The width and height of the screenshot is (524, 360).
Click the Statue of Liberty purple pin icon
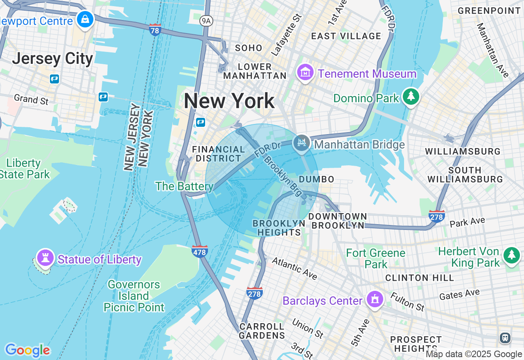[45, 258]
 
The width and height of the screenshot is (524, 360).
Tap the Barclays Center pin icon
[375, 300]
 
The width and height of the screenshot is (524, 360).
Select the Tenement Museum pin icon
[305, 73]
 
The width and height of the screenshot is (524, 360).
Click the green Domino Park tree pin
[411, 97]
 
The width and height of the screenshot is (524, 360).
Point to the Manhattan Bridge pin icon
[302, 143]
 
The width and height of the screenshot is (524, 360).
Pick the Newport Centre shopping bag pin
[85, 19]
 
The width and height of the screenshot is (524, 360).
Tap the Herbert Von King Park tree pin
[511, 255]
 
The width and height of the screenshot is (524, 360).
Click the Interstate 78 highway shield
[155, 30]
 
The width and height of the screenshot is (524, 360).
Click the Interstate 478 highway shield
[199, 251]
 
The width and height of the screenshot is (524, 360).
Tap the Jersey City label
[52, 59]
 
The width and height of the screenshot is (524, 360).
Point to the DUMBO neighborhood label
[316, 179]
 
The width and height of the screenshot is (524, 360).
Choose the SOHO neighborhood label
[248, 48]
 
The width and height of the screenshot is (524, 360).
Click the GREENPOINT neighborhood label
[489, 11]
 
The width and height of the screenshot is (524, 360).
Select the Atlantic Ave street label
[294, 269]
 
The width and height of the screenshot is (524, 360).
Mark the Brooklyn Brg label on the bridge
[282, 173]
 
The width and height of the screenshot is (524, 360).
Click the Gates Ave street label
[459, 294]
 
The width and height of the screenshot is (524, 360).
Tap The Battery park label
[184, 187]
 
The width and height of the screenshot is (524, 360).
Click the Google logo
[27, 350]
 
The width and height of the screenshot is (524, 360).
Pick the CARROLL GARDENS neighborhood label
[262, 331]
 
